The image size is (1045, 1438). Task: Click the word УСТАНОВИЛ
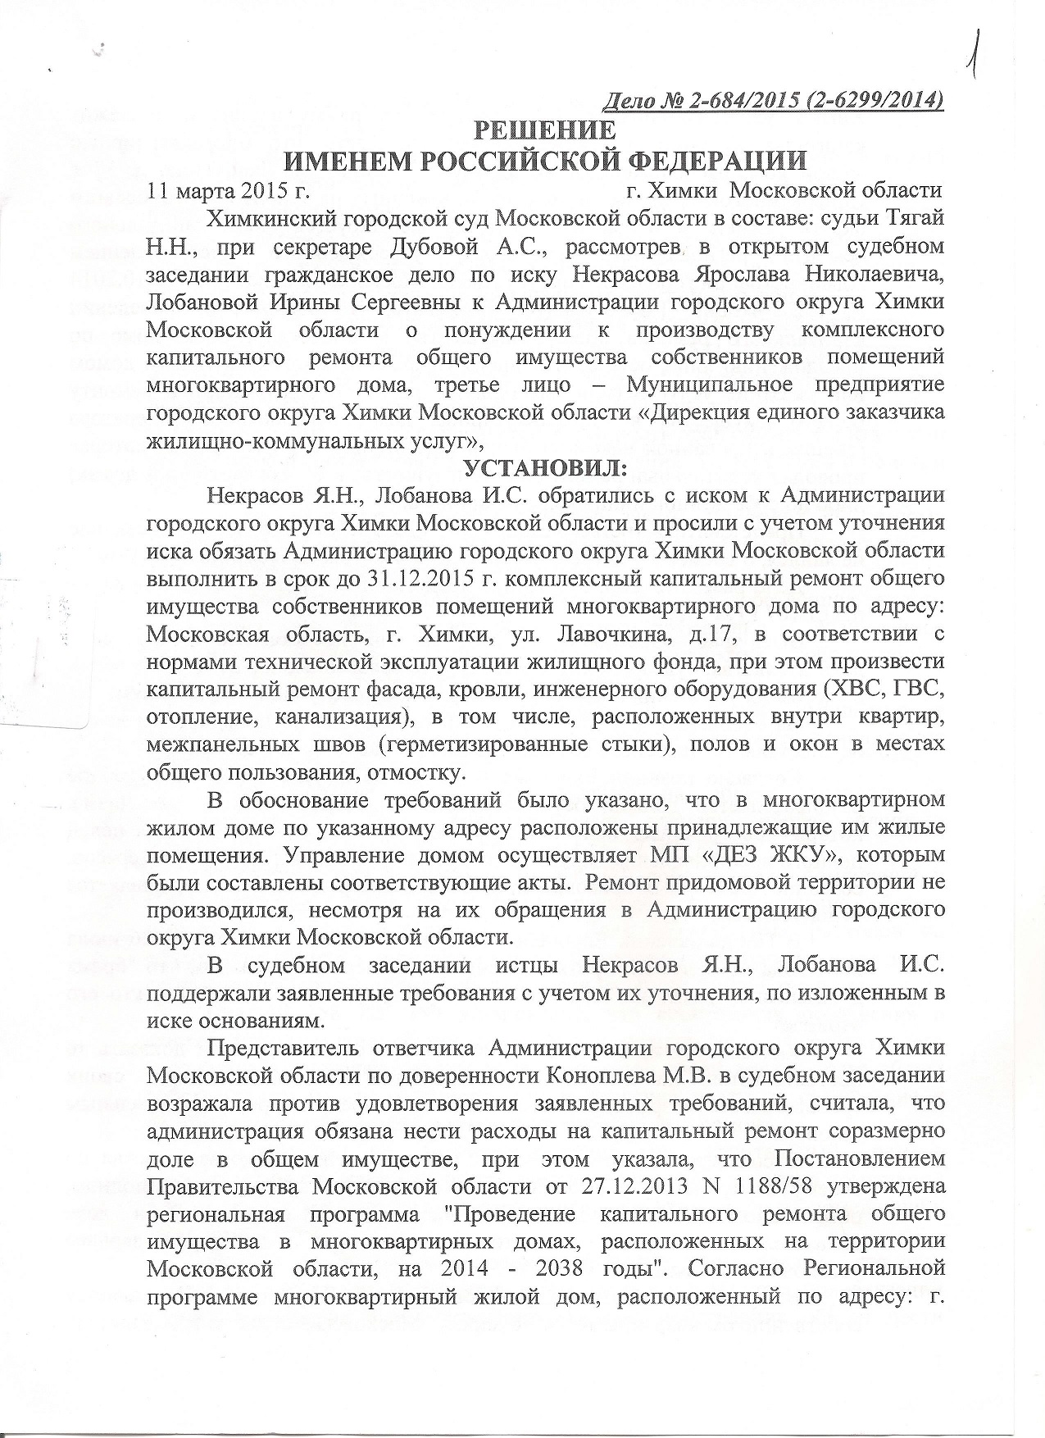[x=544, y=468]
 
